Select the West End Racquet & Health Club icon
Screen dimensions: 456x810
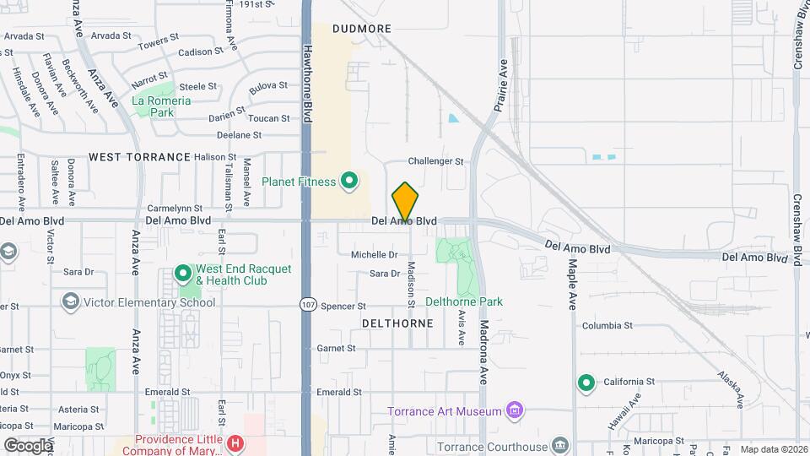[183, 274]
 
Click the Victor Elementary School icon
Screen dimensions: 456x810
[71, 301]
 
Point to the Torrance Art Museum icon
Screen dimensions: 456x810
[514, 411]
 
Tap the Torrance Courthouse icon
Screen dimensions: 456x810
[560, 446]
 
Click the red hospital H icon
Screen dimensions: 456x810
[236, 442]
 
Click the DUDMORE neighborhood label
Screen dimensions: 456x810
[362, 29]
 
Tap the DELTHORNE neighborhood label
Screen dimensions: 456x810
[397, 323]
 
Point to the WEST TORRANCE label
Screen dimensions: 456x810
[140, 157]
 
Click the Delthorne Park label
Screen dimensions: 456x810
[464, 301]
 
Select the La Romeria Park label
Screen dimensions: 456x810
[162, 106]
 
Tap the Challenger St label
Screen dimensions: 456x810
[436, 160]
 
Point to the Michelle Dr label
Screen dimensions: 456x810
[374, 254]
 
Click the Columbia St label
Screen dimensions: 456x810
[607, 325]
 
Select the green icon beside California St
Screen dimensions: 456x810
[586, 383]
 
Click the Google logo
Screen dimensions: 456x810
[27, 445]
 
